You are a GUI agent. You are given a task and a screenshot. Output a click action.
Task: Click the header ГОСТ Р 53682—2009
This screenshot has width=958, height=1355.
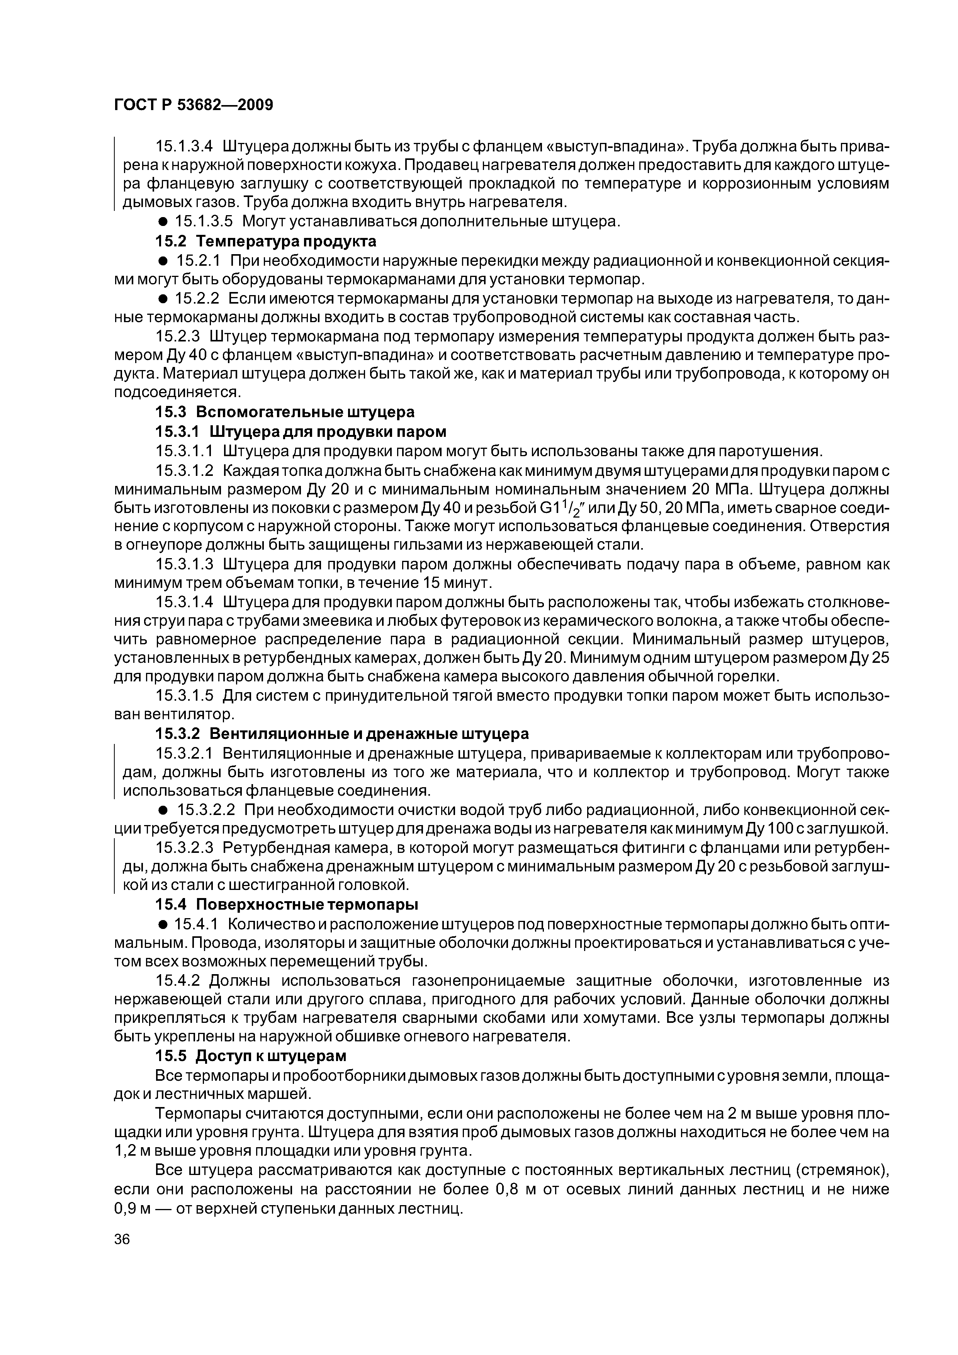[194, 105]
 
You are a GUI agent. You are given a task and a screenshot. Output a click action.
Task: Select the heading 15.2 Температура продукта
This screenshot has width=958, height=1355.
[266, 241]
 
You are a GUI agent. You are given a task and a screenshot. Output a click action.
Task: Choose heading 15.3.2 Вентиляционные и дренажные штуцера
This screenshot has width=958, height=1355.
[342, 734]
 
